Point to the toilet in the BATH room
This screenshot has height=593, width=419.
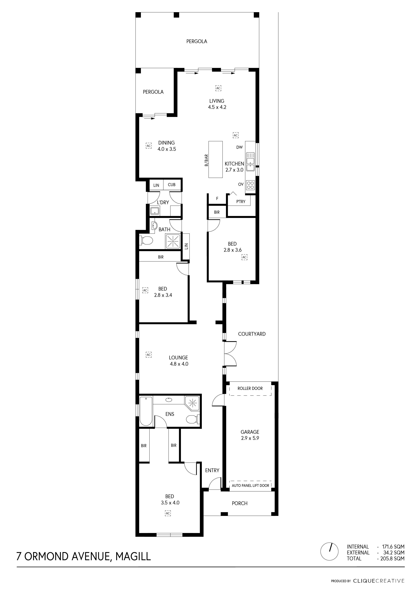146,241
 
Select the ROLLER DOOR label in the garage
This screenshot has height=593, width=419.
250,388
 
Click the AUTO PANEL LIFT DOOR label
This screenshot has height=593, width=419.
250,485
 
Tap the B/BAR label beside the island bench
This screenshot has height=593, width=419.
206,160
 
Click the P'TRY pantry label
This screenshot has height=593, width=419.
241,201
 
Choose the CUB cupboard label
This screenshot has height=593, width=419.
172,185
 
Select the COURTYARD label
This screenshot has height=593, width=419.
252,334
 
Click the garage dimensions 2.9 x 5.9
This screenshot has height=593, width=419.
250,438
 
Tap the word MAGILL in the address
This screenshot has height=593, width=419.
133,554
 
